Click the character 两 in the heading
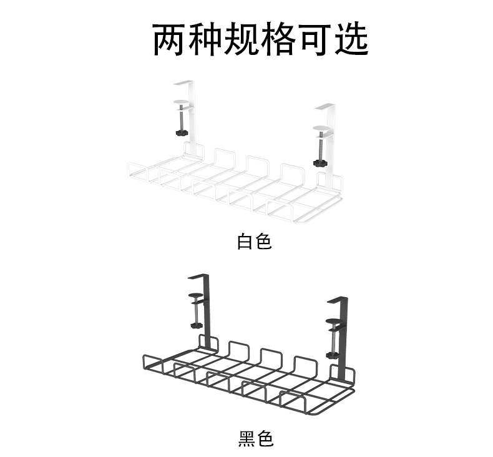170,40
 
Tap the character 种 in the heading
207,40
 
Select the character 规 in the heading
243,40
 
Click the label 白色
255,241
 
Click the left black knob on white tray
182,134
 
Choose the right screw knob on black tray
333,355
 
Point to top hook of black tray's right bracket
338,301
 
